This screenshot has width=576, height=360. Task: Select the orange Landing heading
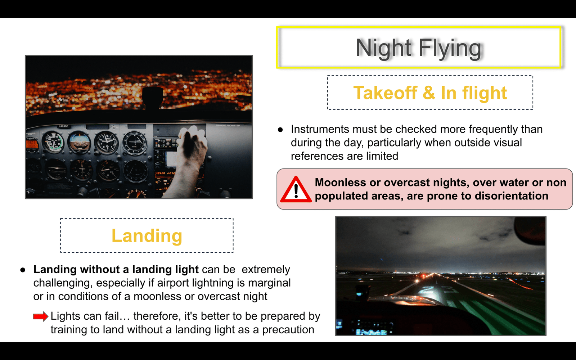147,236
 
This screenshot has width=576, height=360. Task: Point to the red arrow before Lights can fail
41,316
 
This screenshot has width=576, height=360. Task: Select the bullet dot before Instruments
280,130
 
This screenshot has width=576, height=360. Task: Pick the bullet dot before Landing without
23,270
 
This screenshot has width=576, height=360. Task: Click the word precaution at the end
288,330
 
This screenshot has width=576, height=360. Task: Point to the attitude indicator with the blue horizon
79,142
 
